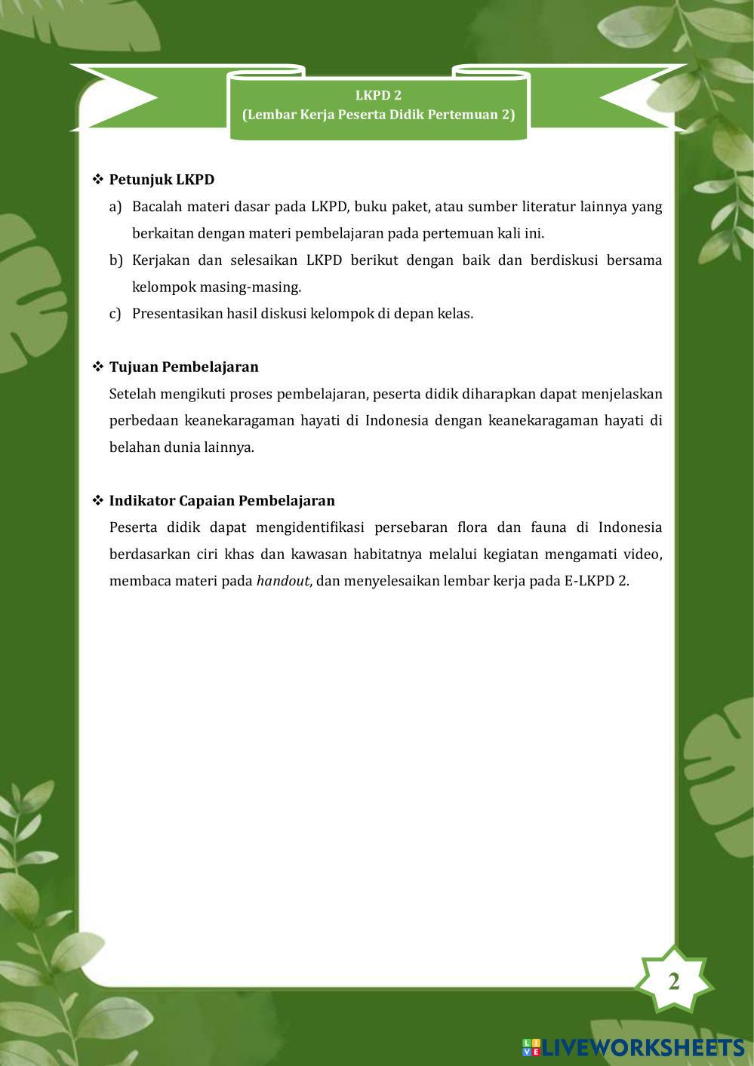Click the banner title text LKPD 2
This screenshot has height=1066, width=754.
coord(378,95)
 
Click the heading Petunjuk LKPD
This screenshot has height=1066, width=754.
coord(162,180)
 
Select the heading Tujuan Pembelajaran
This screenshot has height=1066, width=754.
coord(183,367)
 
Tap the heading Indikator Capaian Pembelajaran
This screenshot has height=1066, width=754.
coord(222,500)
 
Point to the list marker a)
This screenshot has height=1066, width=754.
coord(115,207)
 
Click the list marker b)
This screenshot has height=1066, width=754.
coord(115,260)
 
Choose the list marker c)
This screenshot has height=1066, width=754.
coord(115,314)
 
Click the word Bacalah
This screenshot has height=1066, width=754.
coord(156,207)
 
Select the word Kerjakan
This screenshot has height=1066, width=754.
coord(159,260)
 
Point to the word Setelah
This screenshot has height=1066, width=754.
coord(133,394)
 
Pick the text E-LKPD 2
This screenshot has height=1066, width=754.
coord(596,581)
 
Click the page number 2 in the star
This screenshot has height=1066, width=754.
coord(673,982)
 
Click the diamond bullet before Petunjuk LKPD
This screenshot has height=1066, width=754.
coord(97,180)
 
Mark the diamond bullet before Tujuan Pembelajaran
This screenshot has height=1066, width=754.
coord(97,367)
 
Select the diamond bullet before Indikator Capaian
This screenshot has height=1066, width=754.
coord(97,500)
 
